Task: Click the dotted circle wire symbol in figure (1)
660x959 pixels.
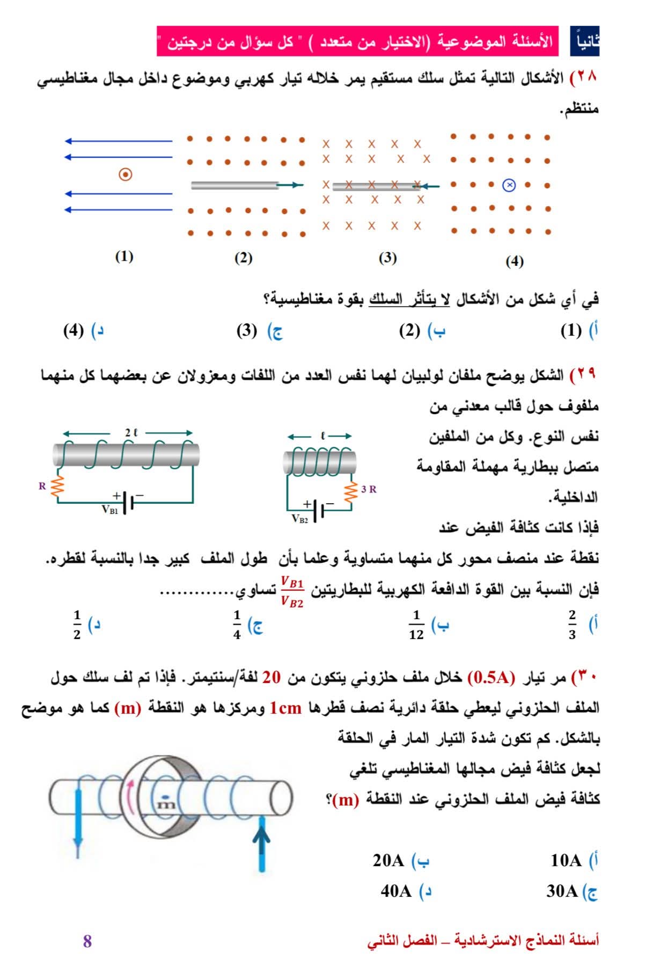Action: click(x=125, y=175)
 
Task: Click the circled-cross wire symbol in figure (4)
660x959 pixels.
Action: click(x=509, y=186)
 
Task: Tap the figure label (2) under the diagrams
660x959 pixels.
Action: click(x=243, y=258)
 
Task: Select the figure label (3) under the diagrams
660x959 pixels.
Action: click(x=387, y=258)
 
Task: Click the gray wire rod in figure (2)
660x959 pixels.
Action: click(x=235, y=185)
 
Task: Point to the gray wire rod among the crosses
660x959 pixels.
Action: click(x=376, y=186)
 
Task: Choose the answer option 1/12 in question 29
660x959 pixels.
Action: click(x=416, y=625)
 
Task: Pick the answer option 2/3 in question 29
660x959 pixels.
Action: click(x=572, y=625)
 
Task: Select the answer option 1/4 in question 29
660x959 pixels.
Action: click(x=237, y=625)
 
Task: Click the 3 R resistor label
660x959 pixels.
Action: click(x=369, y=489)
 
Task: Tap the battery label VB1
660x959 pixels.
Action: click(x=110, y=510)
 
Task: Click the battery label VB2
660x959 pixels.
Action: click(x=300, y=519)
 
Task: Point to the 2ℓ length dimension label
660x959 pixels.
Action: click(x=131, y=432)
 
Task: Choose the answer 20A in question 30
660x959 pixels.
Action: click(x=388, y=860)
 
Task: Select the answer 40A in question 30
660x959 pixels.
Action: click(x=396, y=891)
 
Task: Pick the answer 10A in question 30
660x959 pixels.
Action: click(x=566, y=860)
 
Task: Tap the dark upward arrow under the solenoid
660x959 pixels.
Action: click(x=261, y=843)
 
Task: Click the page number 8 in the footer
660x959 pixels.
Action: click(x=87, y=941)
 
